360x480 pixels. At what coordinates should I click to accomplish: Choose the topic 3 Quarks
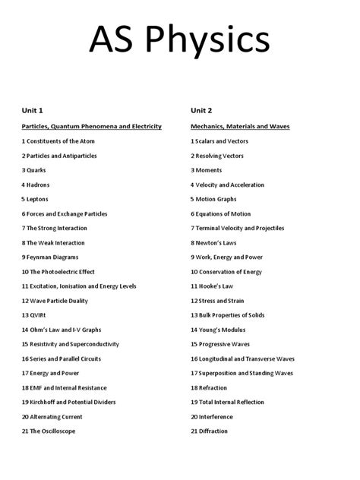[x=34, y=170]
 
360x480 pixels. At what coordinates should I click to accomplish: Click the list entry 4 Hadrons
[x=36, y=185]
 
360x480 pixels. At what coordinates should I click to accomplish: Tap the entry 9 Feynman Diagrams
[x=53, y=257]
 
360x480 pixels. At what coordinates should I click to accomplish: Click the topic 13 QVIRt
[x=36, y=315]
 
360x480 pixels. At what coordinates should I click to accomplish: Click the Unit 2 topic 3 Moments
[x=207, y=170]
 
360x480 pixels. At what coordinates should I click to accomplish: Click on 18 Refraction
[x=209, y=388]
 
